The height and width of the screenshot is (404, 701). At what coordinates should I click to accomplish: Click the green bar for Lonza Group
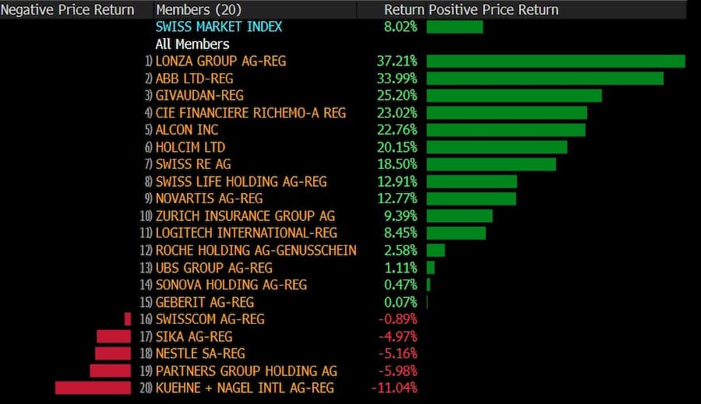coord(555,61)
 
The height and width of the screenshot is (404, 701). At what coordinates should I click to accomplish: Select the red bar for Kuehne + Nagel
coord(93,388)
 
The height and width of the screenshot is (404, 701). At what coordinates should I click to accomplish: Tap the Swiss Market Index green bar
coord(454,27)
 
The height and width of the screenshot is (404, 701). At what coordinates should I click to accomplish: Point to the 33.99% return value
coord(396,79)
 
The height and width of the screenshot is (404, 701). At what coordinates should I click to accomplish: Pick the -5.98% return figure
coord(396,371)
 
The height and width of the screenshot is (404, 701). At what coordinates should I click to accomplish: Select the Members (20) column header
coord(199,10)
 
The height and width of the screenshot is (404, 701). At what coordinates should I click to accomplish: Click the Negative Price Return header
coord(68,10)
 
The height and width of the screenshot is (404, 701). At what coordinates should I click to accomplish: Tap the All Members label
coord(192,44)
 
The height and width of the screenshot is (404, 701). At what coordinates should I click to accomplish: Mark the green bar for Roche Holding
coord(435,250)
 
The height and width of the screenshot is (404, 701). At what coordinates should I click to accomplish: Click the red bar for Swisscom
coord(128,319)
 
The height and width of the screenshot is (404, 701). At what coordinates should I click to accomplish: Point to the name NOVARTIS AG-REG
coord(209,198)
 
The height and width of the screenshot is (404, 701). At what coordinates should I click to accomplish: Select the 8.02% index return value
coord(400,27)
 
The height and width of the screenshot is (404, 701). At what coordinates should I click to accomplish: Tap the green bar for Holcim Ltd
coord(496,147)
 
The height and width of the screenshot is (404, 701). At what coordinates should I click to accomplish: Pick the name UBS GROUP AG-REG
coord(214,267)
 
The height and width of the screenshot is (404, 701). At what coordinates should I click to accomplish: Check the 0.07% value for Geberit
coord(400,302)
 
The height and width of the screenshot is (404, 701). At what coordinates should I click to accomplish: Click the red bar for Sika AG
coord(114,336)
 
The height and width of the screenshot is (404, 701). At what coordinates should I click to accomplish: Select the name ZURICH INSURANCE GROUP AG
coord(245,216)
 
